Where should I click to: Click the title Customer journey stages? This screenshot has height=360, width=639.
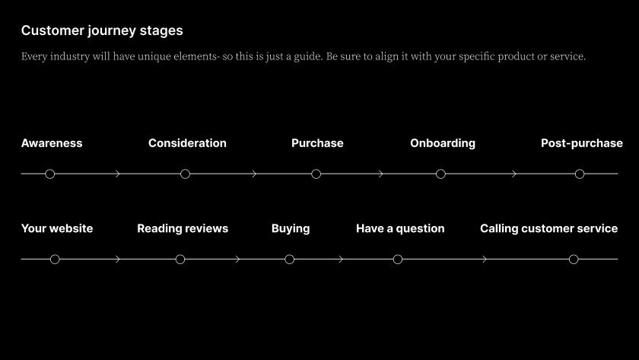pyautogui.click(x=102, y=30)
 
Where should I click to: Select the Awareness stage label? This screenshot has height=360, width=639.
pyautogui.click(x=52, y=143)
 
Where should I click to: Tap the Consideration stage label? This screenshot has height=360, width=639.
pyautogui.click(x=187, y=143)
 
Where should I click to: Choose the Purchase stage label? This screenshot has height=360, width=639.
pyautogui.click(x=317, y=143)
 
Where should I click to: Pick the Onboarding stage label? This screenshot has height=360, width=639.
pyautogui.click(x=443, y=143)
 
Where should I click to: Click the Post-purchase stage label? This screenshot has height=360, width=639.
pyautogui.click(x=581, y=143)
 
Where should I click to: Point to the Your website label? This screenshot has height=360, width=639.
pyautogui.click(x=57, y=228)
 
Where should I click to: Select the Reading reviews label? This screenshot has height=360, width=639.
pyautogui.click(x=183, y=228)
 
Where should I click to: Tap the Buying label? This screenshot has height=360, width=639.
pyautogui.click(x=291, y=228)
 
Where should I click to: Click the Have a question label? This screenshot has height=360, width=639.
pyautogui.click(x=400, y=228)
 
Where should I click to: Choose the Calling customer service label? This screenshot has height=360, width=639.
pyautogui.click(x=548, y=228)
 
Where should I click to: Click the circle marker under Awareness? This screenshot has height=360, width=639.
pyautogui.click(x=50, y=174)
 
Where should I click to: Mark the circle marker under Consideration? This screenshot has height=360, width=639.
pyautogui.click(x=185, y=174)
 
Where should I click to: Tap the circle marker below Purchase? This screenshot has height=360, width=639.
pyautogui.click(x=316, y=174)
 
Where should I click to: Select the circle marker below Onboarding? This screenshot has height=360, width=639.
pyautogui.click(x=440, y=174)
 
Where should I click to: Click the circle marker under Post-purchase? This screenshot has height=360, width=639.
pyautogui.click(x=580, y=174)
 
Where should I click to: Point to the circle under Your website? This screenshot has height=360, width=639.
pyautogui.click(x=55, y=260)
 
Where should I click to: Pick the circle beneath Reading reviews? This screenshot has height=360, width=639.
pyautogui.click(x=180, y=260)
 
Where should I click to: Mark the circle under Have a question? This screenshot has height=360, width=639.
pyautogui.click(x=398, y=260)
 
